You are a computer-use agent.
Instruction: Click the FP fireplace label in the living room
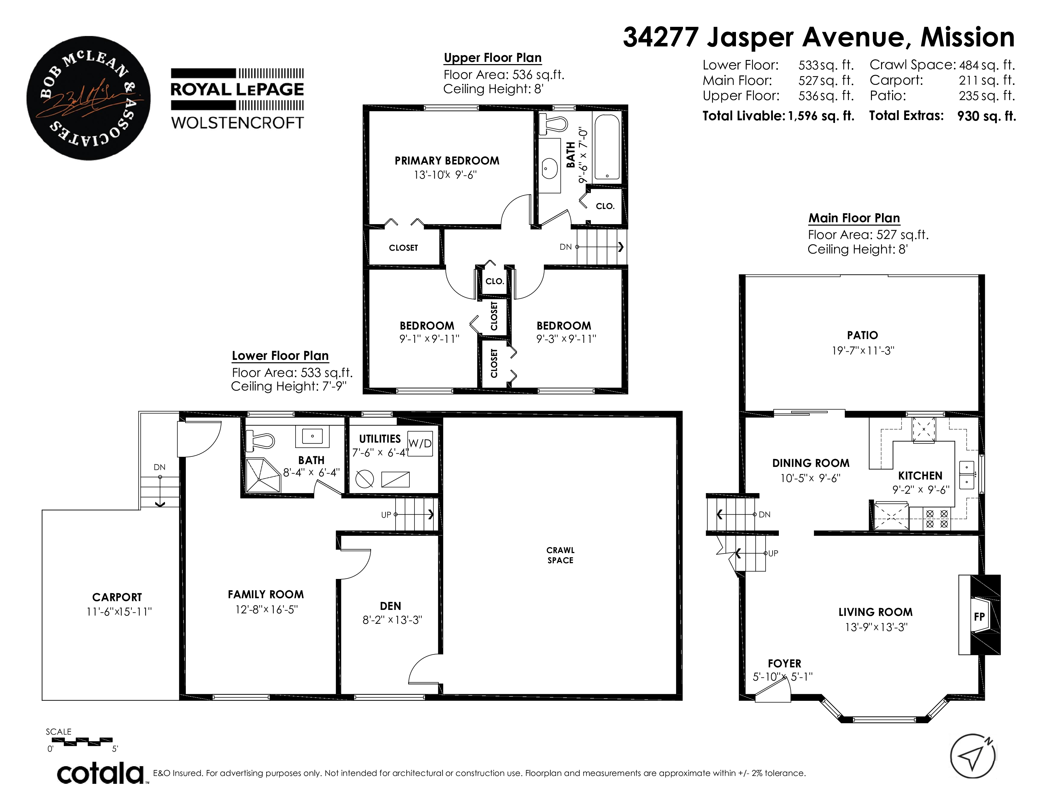[x=979, y=617]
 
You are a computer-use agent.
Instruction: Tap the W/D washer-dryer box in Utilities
[x=420, y=444]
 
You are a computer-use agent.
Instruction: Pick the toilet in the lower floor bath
[x=260, y=441]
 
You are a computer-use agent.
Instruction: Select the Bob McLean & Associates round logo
[x=89, y=98]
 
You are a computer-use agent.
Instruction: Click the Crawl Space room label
[x=561, y=555]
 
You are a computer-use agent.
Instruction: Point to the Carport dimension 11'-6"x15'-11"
[x=119, y=611]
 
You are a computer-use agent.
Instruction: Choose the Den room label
[x=391, y=606]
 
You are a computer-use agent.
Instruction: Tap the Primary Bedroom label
[x=447, y=161]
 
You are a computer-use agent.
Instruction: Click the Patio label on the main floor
[x=863, y=335]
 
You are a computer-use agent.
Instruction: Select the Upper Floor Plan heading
[x=493, y=58]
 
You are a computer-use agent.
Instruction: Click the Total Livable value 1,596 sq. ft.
[x=821, y=116]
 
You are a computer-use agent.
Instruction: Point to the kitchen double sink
[x=967, y=475]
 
